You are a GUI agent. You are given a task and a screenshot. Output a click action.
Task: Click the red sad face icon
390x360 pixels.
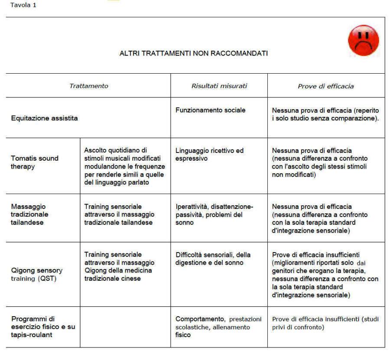coord(363,40)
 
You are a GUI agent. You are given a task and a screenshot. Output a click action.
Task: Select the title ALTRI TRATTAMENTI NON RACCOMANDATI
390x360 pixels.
coord(193,53)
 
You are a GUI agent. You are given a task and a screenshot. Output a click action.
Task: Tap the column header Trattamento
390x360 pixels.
coord(88,86)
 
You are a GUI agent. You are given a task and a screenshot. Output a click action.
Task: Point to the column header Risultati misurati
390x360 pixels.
coord(219,86)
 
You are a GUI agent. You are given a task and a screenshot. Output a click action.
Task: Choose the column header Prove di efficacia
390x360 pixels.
coord(325,86)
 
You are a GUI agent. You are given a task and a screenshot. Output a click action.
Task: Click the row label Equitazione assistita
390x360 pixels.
coord(44,118)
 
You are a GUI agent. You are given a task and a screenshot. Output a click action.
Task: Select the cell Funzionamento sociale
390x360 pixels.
coord(210,110)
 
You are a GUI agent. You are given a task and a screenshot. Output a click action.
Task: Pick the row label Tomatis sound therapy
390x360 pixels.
coord(35,162)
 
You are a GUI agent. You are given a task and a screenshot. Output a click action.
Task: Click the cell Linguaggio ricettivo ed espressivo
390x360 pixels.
coord(209,154)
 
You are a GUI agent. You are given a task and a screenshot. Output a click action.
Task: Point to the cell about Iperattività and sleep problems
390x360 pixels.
coord(214,214)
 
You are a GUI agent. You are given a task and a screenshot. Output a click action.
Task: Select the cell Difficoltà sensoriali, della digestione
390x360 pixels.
coord(213,258)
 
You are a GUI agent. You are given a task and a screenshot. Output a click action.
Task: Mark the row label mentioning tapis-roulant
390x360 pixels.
coord(43,327)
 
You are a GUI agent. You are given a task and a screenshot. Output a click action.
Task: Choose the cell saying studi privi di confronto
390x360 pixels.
coord(325,323)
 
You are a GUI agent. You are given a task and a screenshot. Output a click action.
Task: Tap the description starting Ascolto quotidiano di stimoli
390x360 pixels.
coord(124,166)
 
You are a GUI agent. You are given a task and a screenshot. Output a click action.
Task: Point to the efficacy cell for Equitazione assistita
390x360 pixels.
coord(325,114)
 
